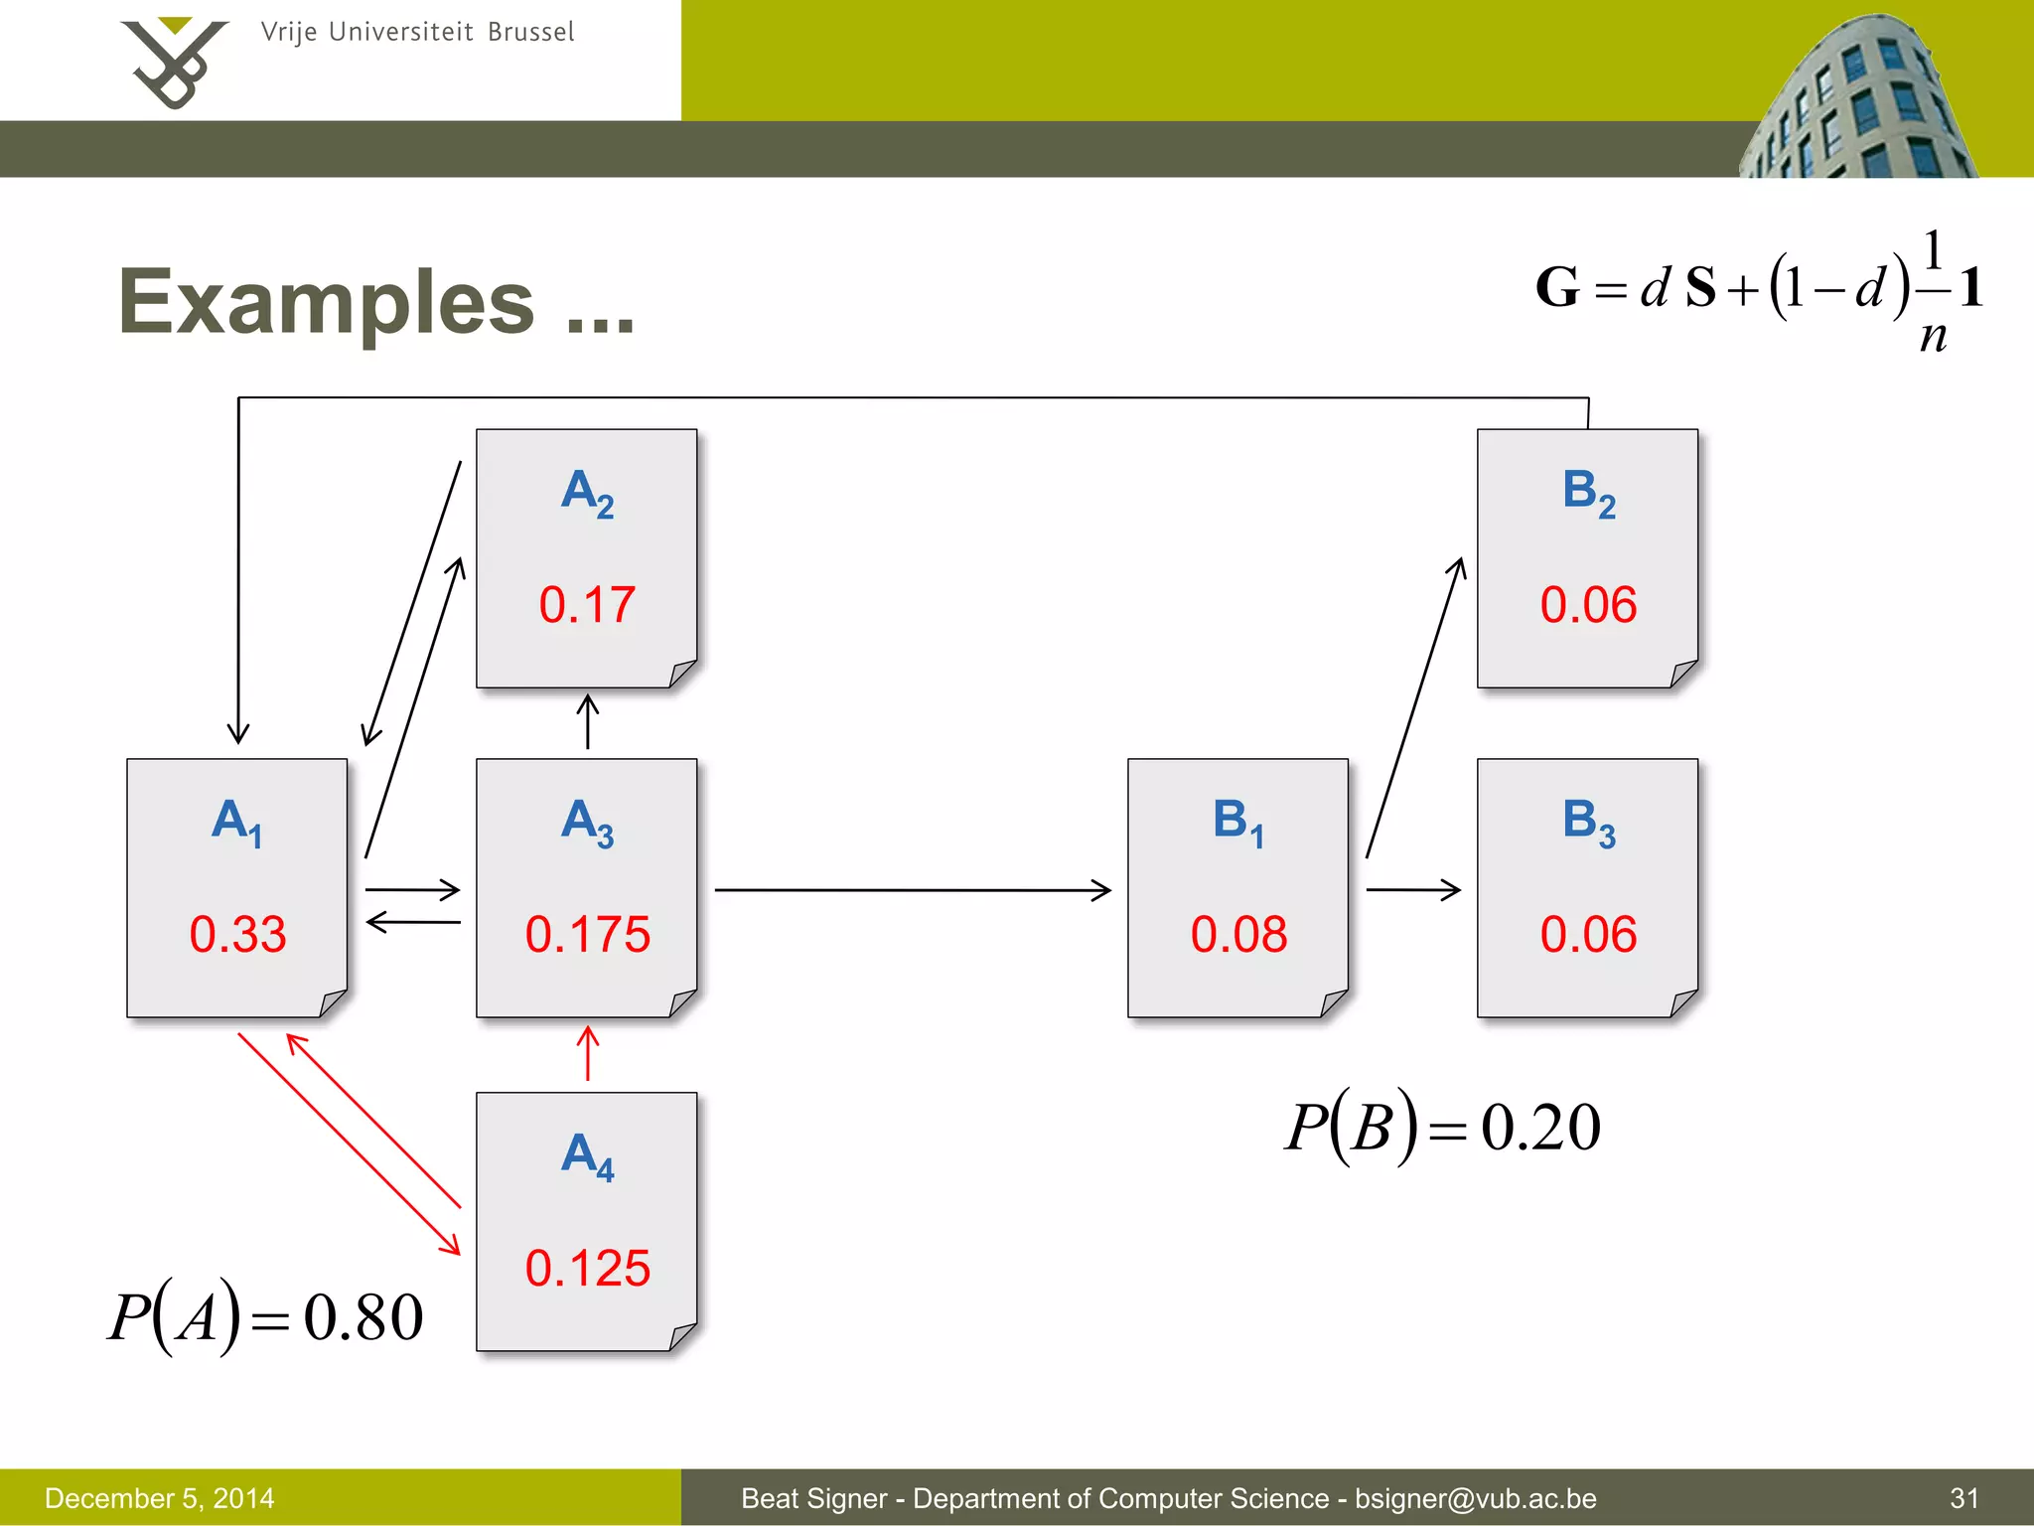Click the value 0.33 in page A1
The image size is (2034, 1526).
[237, 935]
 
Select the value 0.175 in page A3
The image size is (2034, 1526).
[587, 935]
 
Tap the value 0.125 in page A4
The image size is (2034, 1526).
[587, 1269]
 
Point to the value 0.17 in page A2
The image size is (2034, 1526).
[587, 605]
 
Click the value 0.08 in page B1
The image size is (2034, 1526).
[1238, 935]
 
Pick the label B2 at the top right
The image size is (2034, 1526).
[1588, 492]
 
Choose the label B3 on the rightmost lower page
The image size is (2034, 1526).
[1588, 823]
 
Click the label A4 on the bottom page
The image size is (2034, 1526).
[587, 1156]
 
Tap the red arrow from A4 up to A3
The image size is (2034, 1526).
[588, 1054]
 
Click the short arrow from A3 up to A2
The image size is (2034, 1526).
[588, 722]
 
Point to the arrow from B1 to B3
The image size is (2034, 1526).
[1412, 889]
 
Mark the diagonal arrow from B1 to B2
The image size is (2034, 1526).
[1415, 707]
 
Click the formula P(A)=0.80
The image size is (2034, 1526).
[266, 1317]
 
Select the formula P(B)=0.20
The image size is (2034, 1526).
[1442, 1127]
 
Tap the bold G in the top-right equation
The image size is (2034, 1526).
[1556, 287]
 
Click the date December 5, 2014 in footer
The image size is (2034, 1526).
[160, 1498]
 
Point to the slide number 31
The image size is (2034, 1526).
[1964, 1498]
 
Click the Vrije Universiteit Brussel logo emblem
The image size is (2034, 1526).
[174, 62]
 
